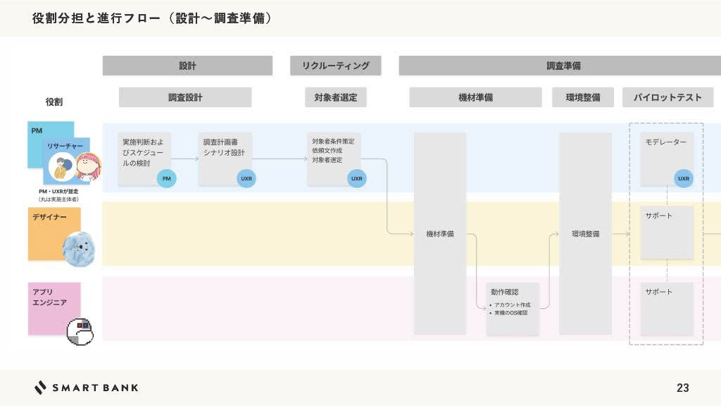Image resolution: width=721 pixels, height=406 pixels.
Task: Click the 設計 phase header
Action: [187, 66]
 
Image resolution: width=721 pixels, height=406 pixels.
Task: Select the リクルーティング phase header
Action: [336, 66]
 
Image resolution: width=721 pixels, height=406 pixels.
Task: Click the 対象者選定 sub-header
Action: [336, 97]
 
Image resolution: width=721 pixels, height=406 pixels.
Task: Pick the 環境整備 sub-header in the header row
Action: [583, 97]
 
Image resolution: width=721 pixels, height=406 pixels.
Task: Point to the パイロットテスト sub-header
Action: [667, 97]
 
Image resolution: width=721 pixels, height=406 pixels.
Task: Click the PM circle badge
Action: [166, 179]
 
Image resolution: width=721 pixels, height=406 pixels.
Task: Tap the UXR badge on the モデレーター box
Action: [683, 179]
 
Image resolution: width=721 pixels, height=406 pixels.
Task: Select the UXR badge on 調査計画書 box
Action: [246, 179]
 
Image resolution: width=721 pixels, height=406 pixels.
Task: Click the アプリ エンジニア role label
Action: [49, 297]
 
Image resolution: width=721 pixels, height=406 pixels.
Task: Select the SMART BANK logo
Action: [86, 388]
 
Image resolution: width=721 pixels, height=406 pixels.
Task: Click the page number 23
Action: [682, 388]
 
